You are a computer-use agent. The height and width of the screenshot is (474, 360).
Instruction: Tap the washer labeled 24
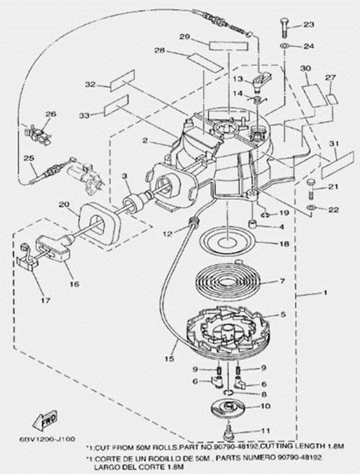coord(283,45)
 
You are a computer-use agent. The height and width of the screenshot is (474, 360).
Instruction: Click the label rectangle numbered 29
coord(225,43)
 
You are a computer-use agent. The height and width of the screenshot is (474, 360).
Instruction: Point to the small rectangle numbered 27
coord(332,99)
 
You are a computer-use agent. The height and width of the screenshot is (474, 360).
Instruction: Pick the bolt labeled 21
coord(311,190)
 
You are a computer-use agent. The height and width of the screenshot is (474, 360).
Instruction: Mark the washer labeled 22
coord(311,209)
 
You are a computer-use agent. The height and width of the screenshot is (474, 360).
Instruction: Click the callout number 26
coord(51,114)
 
